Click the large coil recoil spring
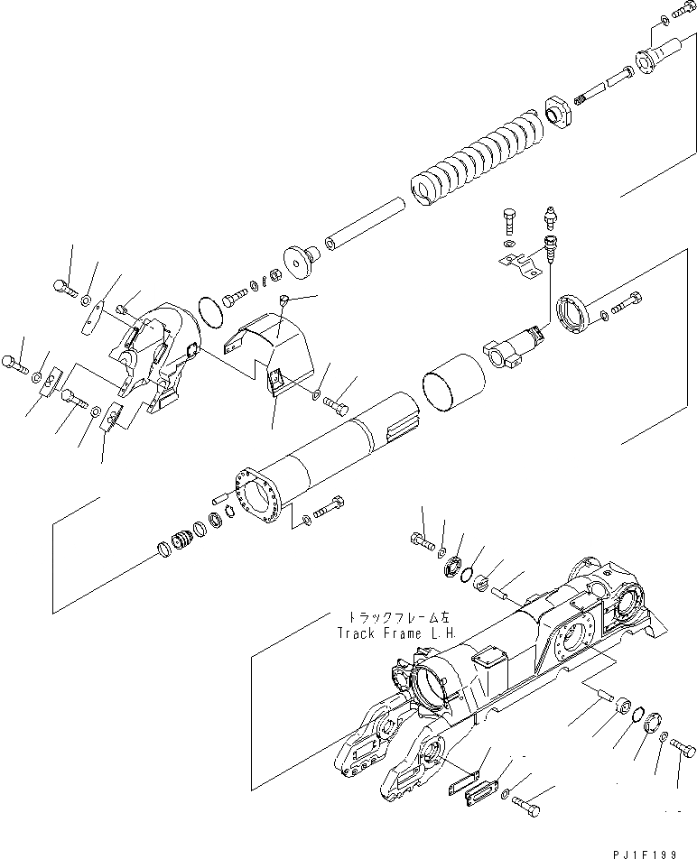[479, 159]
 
